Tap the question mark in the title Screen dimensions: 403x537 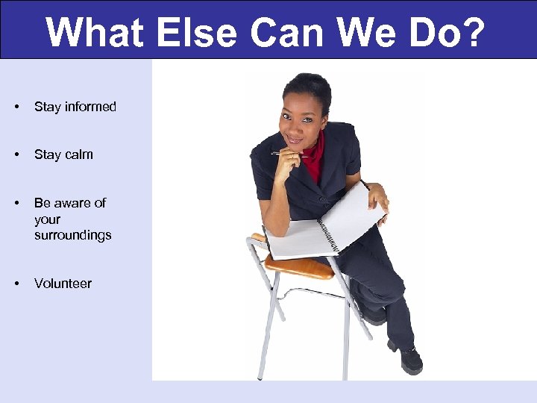point(473,32)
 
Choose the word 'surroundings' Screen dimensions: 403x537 point(72,235)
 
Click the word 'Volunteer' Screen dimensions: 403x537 point(63,284)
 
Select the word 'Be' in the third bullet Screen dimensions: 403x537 point(43,203)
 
